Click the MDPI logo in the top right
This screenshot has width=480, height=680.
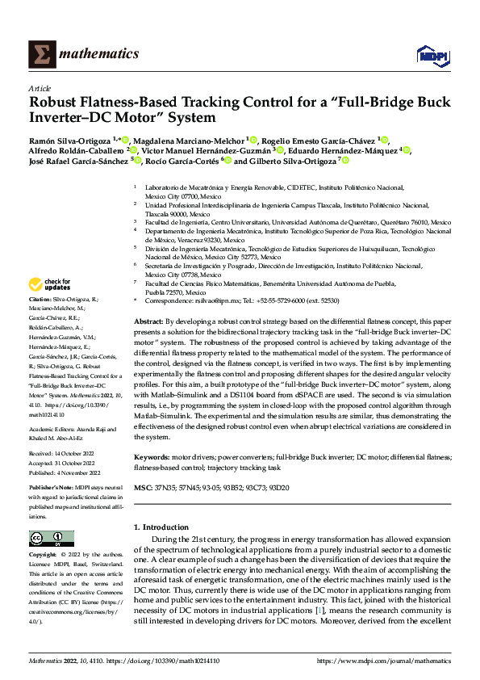431,53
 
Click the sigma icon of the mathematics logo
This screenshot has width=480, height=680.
39,53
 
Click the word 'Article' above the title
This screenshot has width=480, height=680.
40,88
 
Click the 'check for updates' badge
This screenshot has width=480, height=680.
50,284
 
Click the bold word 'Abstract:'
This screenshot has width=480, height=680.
150,321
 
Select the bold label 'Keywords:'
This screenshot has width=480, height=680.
153,457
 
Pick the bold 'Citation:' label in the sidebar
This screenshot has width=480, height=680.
41,299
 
